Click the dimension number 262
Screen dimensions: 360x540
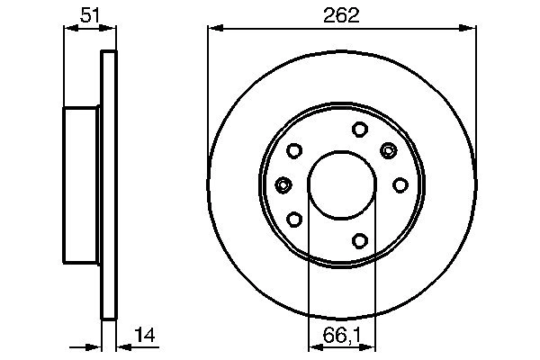(x=341, y=14)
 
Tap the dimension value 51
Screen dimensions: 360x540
(x=90, y=14)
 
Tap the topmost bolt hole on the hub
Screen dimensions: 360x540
(x=358, y=128)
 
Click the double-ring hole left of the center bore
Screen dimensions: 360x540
(x=283, y=184)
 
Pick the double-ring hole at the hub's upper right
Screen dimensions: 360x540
(x=389, y=149)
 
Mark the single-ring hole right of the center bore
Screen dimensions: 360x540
(x=400, y=184)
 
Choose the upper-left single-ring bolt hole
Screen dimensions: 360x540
(x=293, y=150)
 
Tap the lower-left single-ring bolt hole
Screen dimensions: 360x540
(x=293, y=219)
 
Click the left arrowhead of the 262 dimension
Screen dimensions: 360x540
(x=214, y=29)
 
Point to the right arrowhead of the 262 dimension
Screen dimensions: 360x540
(x=469, y=29)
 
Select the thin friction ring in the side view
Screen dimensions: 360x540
(x=109, y=184)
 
